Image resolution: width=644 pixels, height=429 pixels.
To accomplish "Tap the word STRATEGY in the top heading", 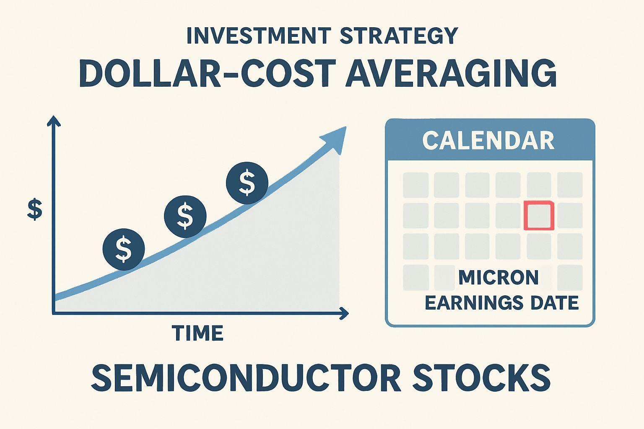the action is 398,36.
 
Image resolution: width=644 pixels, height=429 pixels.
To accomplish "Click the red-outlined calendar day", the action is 539,215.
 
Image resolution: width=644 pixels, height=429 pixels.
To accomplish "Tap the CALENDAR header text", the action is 488,140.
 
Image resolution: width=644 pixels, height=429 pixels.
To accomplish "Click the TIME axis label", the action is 197,333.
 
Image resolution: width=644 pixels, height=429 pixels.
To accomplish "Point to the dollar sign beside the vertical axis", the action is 34,209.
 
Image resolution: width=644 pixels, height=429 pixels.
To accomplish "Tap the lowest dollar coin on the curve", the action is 124,249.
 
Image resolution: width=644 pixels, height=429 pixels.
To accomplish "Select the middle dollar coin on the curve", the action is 185,216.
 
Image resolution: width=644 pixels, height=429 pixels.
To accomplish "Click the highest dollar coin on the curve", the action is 247,183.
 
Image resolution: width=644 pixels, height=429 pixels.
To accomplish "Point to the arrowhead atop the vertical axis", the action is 54,121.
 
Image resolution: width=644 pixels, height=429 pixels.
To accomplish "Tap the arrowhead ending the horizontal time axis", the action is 344,313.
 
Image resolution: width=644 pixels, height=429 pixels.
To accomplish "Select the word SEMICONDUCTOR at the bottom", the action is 246,377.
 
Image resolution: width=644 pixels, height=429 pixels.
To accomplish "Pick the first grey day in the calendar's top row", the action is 416,185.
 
